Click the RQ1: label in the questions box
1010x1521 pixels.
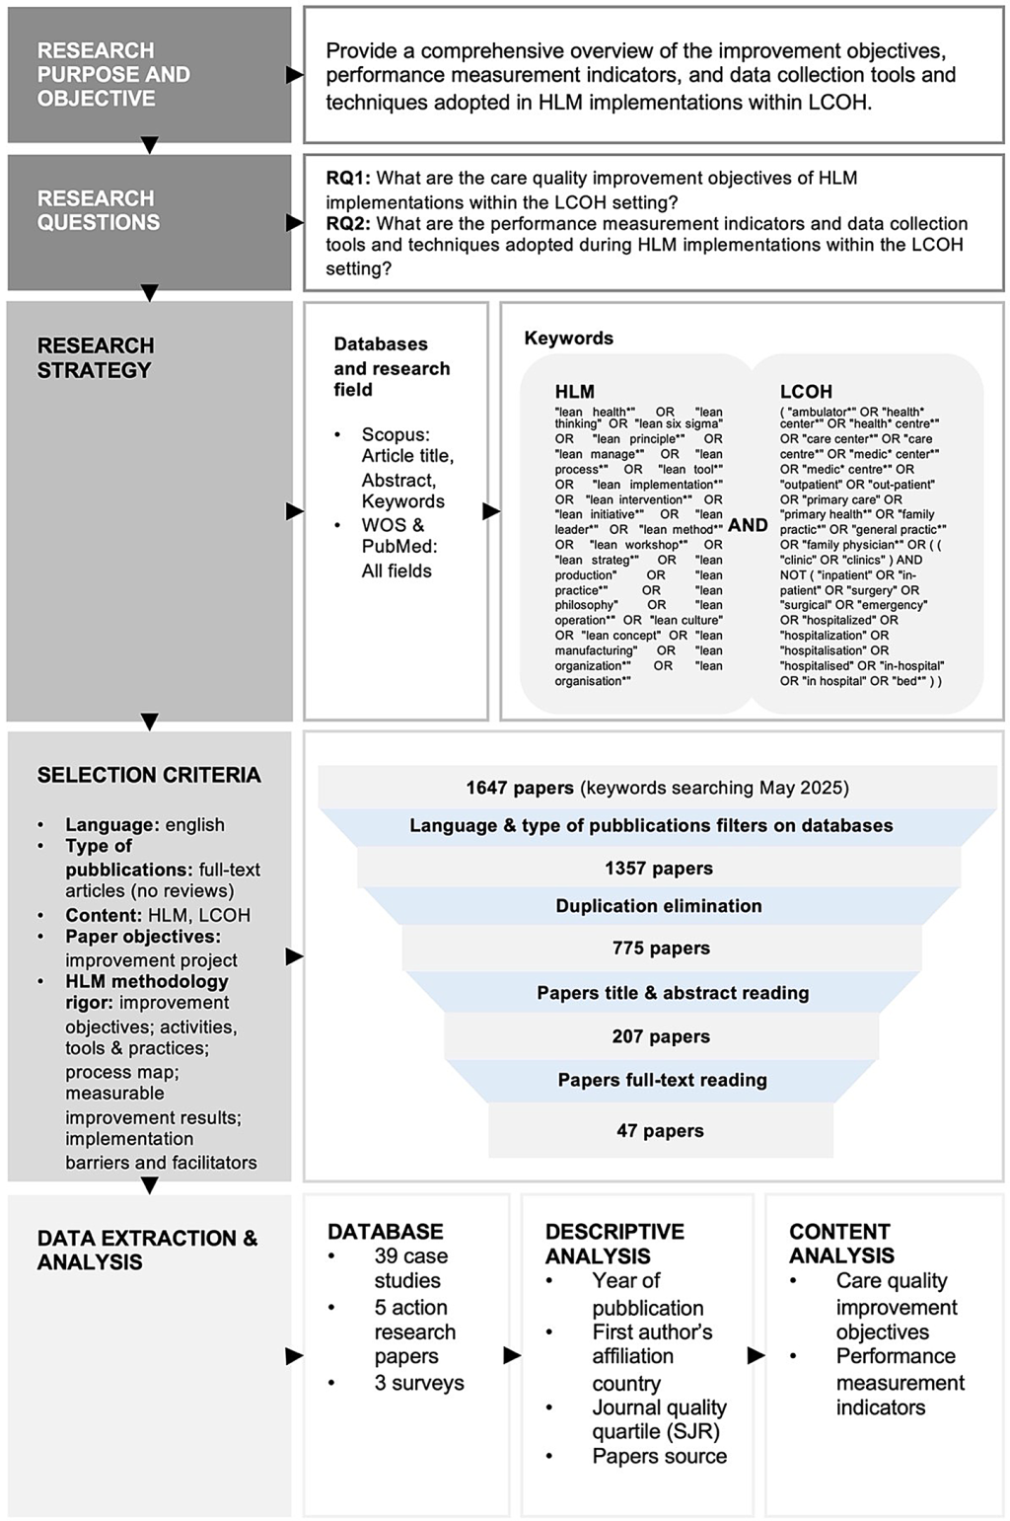coord(348,179)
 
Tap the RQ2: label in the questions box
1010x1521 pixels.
coord(348,223)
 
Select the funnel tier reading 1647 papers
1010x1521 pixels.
coord(657,788)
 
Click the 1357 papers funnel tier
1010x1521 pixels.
coord(659,869)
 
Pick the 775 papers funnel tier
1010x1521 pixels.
coord(661,949)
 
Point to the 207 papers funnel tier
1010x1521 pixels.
coord(661,1036)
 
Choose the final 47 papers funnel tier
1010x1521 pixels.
coord(660,1131)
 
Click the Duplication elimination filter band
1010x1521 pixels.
coord(659,906)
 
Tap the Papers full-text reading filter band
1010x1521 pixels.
coord(662,1080)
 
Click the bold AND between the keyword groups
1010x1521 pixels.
coord(748,525)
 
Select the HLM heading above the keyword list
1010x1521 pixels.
coord(574,392)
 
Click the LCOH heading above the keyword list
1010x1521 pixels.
coord(806,392)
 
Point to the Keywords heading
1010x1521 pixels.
coord(568,339)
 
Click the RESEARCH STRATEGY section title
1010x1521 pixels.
coord(96,357)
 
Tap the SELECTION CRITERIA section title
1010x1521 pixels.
coord(149,775)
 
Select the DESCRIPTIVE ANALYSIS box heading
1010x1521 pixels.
coord(613,1244)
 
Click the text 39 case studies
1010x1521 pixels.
coord(409,1268)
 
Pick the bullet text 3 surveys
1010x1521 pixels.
coord(418,1383)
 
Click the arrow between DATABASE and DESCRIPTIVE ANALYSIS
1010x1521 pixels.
coord(512,1355)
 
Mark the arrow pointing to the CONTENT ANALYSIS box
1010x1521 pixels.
coord(757,1355)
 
